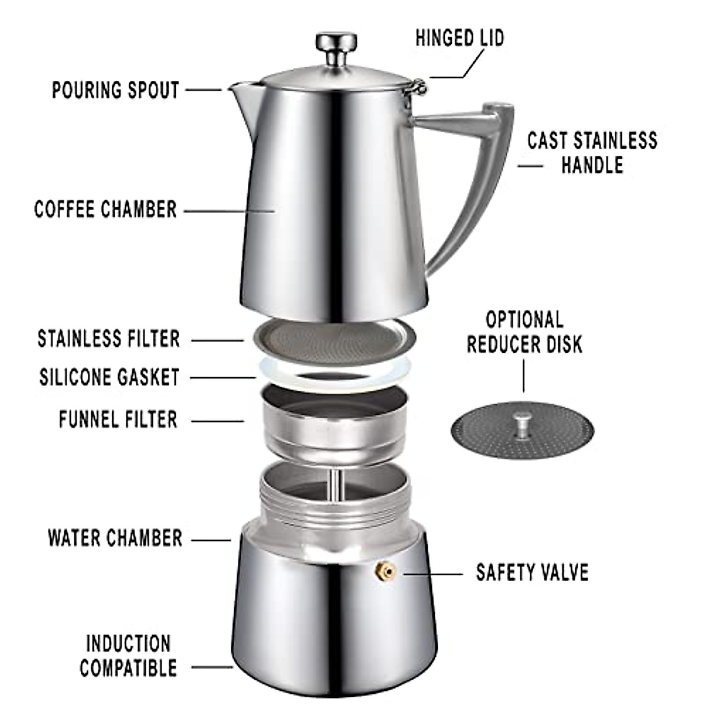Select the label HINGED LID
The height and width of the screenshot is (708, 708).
pos(460,38)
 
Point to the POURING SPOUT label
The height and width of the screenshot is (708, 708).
pos(116,90)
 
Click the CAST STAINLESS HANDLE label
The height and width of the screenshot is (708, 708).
pos(592,152)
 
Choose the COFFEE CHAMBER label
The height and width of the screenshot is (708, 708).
pos(106,209)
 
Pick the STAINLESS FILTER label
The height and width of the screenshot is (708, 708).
pos(109,339)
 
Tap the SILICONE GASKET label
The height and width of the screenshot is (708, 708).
pos(109,377)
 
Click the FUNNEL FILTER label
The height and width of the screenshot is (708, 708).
pos(118,419)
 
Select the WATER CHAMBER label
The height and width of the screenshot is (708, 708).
pos(115,538)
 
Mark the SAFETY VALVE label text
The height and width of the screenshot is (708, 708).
pos(532,572)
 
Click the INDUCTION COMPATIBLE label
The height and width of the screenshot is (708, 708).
pos(128,655)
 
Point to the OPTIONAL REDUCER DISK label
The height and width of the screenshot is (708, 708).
pos(524,332)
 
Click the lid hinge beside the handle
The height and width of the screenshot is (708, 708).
pos(418,88)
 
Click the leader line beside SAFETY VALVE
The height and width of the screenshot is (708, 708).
pos(433,573)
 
